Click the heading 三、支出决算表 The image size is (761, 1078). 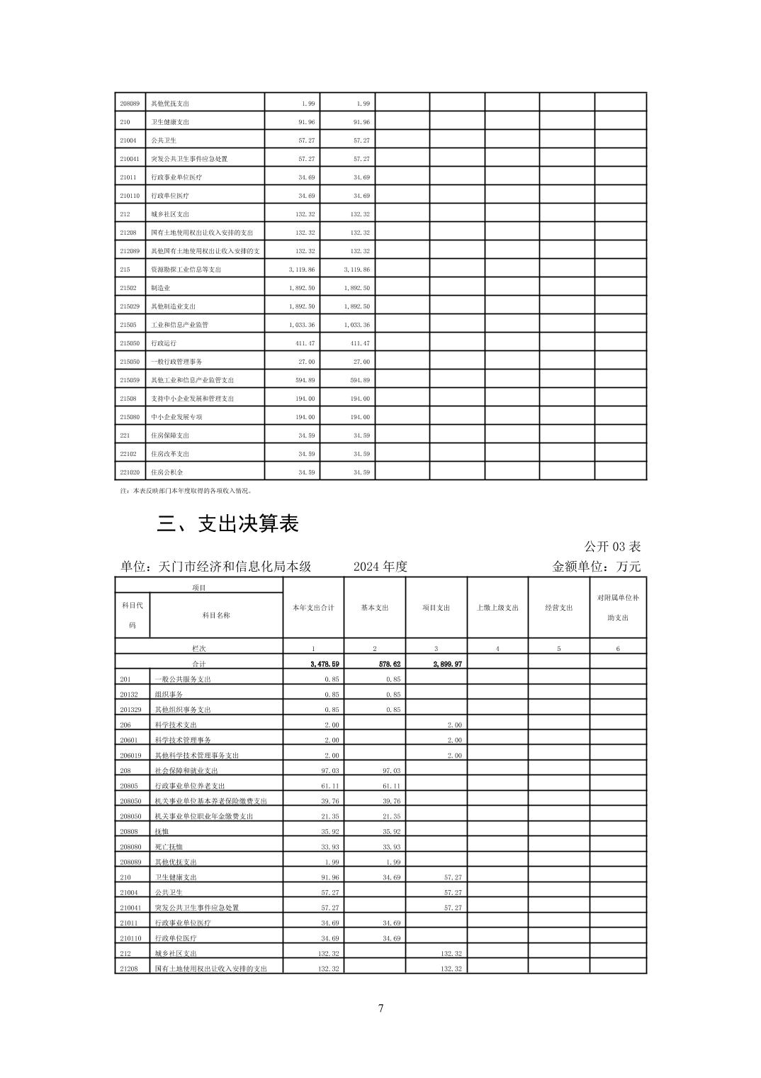click(227, 523)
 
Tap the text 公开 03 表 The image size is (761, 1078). click(612, 546)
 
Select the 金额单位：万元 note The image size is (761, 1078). click(596, 567)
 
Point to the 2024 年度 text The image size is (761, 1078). click(380, 567)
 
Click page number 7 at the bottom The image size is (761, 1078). click(381, 1008)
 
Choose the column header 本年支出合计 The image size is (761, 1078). click(313, 608)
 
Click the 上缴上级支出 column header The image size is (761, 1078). click(497, 608)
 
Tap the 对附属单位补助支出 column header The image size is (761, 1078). click(618, 608)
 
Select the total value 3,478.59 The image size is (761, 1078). click(325, 664)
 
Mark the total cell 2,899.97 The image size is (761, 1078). click(447, 664)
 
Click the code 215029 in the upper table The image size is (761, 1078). click(130, 306)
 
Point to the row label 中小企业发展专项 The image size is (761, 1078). click(176, 417)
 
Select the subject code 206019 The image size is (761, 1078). click(131, 755)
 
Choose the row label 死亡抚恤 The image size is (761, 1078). click(169, 847)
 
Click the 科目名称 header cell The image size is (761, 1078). click(216, 616)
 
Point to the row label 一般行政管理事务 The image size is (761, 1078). click(176, 362)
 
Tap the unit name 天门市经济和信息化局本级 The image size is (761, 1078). click(215, 567)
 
